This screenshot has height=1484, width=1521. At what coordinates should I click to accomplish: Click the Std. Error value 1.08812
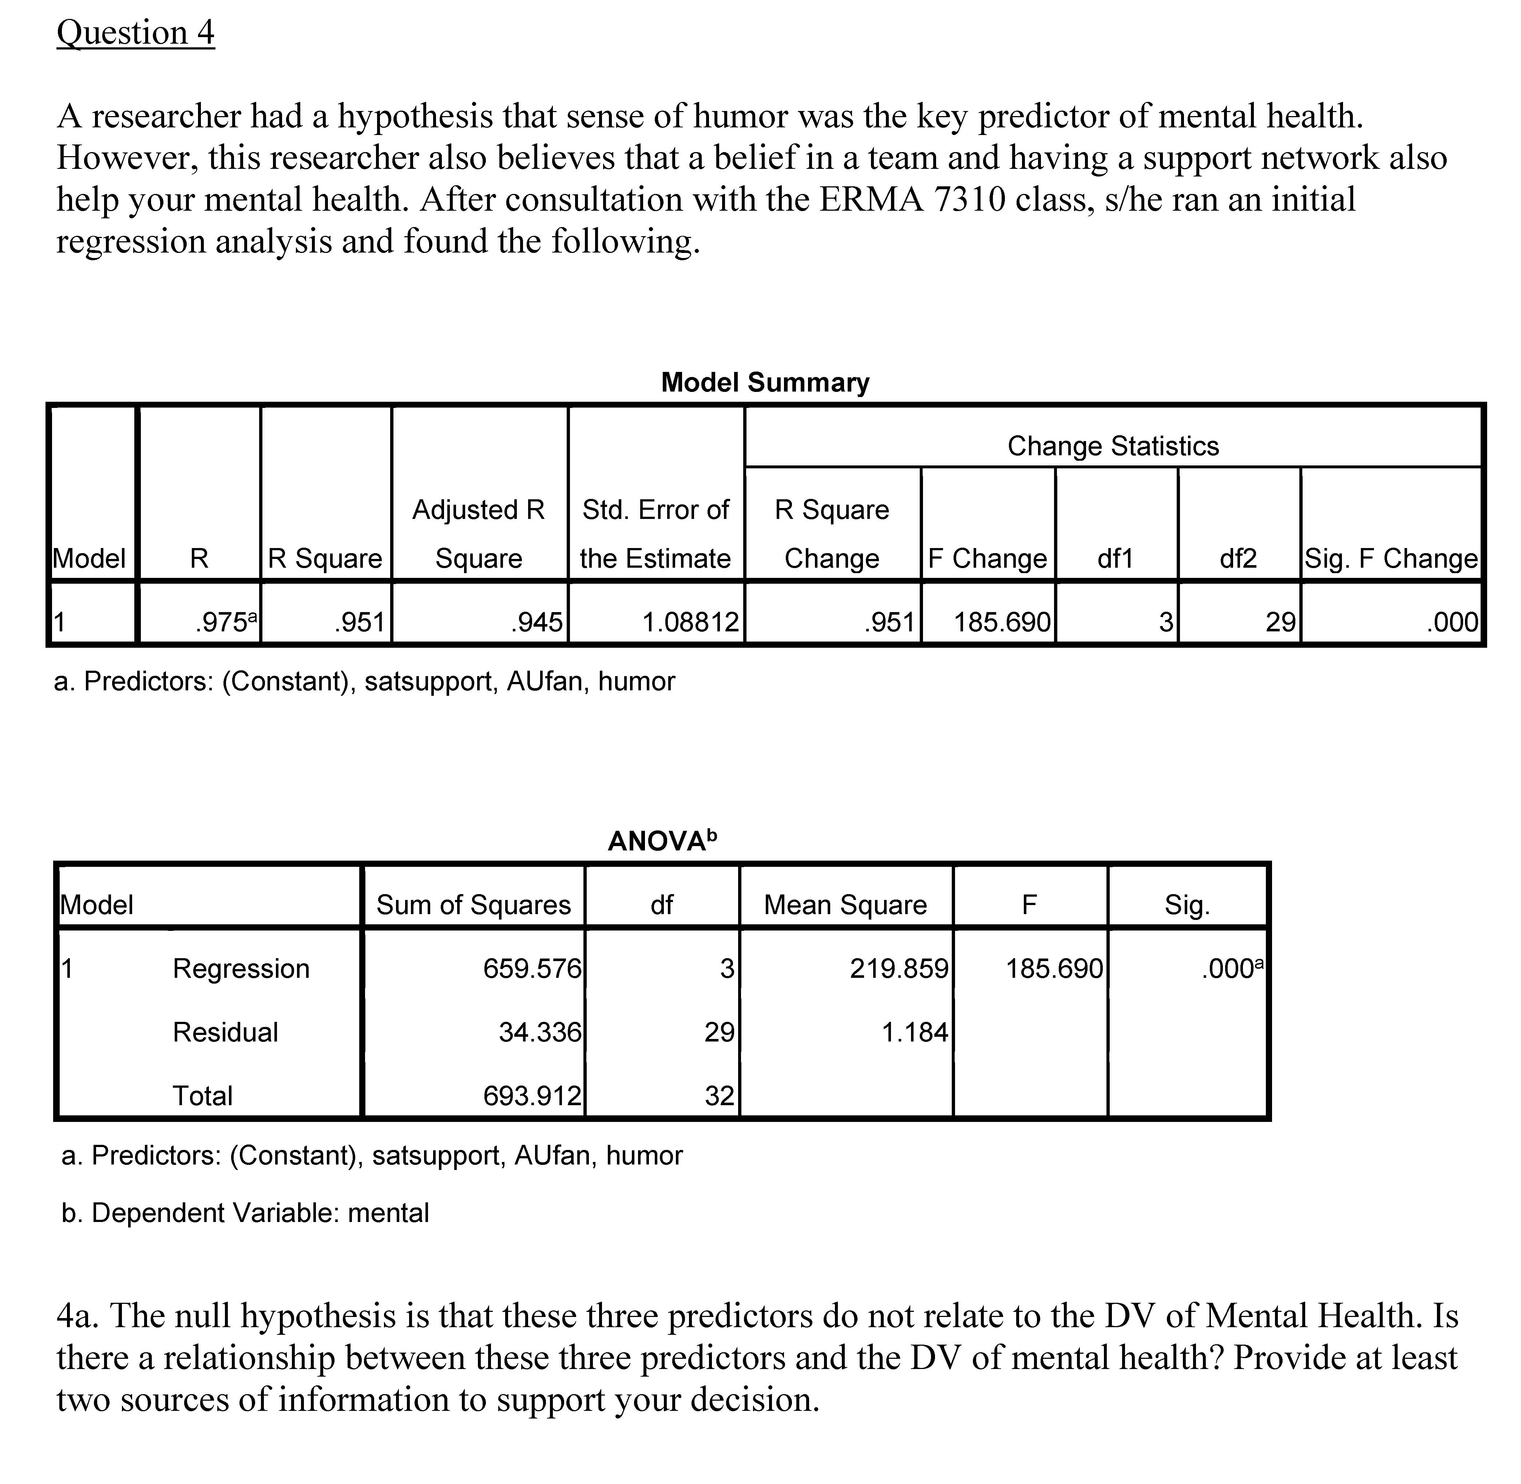pos(690,622)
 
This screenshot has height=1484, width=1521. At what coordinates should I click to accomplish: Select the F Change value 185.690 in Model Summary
pos(1002,622)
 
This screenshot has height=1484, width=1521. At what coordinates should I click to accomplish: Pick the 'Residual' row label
pos(225,1032)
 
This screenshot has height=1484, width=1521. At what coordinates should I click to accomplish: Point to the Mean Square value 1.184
pos(915,1032)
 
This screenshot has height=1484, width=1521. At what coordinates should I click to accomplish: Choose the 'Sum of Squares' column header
pos(473,905)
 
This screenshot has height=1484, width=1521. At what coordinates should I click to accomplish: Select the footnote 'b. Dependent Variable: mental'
pos(245,1213)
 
